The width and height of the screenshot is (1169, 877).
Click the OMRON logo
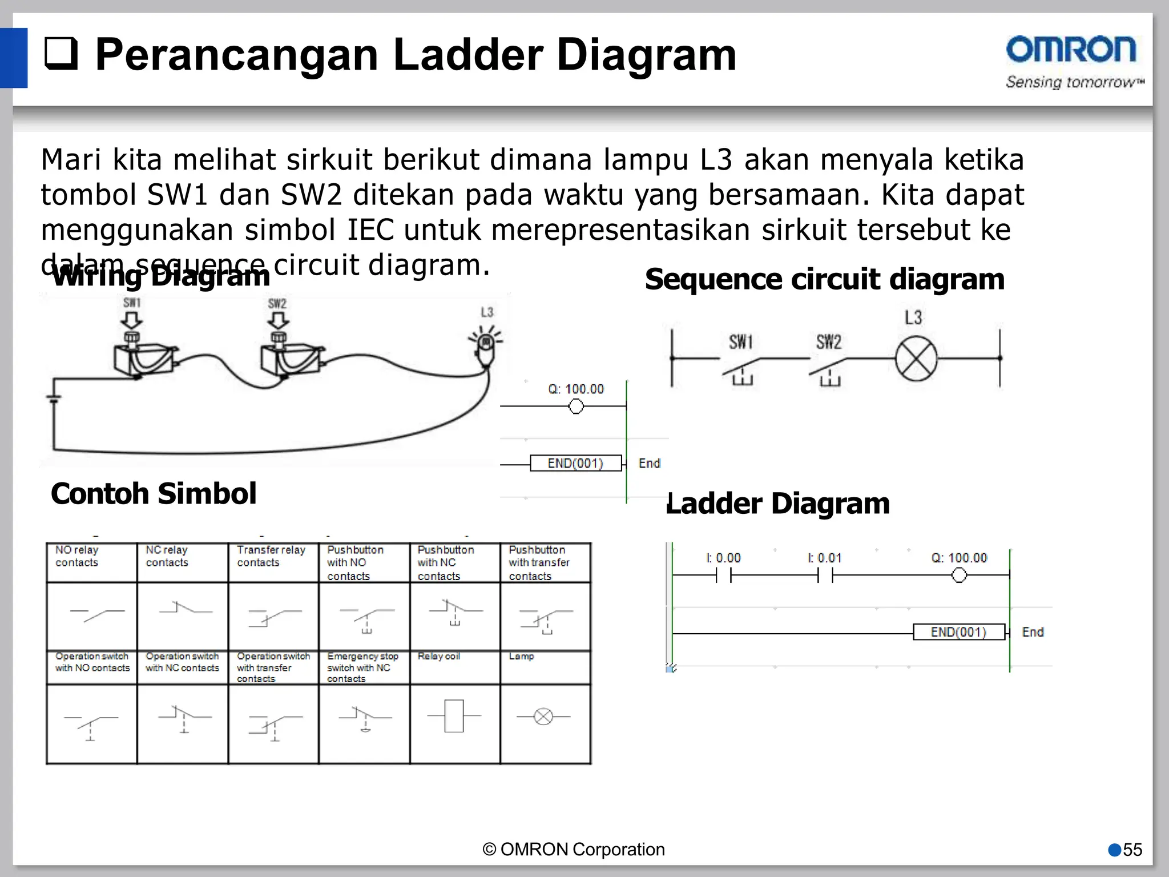[x=1071, y=50]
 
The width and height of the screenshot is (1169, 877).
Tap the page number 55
[x=1132, y=850]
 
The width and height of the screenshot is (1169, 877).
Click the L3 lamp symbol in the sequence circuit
[x=916, y=359]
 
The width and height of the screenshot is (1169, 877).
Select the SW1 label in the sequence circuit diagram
[x=741, y=342]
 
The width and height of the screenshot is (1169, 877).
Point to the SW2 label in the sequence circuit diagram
[x=829, y=342]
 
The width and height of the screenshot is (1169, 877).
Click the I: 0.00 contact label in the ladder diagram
[x=723, y=558]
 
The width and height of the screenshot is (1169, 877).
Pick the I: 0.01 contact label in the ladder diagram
[x=825, y=558]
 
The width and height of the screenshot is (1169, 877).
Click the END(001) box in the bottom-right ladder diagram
[x=958, y=632]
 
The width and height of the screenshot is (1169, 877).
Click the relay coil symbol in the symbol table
[x=454, y=716]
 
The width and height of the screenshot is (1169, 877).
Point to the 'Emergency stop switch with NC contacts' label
[x=363, y=667]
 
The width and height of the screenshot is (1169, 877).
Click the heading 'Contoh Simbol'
[x=154, y=493]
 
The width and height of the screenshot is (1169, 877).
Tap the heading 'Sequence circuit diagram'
[x=825, y=279]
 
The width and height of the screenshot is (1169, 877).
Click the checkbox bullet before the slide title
[x=61, y=54]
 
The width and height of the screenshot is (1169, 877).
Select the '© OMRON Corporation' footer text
[x=574, y=850]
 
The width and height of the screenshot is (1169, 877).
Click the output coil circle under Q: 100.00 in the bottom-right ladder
[x=959, y=575]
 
